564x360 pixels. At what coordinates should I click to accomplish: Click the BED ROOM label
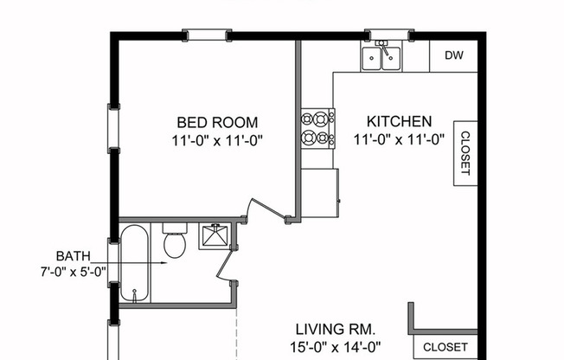pos(217,122)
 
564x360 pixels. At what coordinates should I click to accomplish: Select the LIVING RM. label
pos(335,330)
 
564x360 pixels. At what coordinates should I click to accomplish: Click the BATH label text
pos(74,256)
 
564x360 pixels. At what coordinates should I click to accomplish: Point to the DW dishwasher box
pos(454,55)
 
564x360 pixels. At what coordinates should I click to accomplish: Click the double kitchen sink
pos(381,56)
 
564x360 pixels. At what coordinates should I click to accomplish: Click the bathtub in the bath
pos(134,262)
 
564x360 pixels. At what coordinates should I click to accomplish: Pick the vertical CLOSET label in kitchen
pos(465,153)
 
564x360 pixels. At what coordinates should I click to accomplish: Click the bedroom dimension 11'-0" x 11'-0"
pos(217,138)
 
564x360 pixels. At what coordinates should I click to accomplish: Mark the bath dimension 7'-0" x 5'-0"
pos(74,272)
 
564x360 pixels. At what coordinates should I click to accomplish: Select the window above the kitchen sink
pos(388,35)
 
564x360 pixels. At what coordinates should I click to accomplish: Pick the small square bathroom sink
pos(213,236)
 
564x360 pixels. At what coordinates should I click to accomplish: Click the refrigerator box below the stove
pos(319,191)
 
